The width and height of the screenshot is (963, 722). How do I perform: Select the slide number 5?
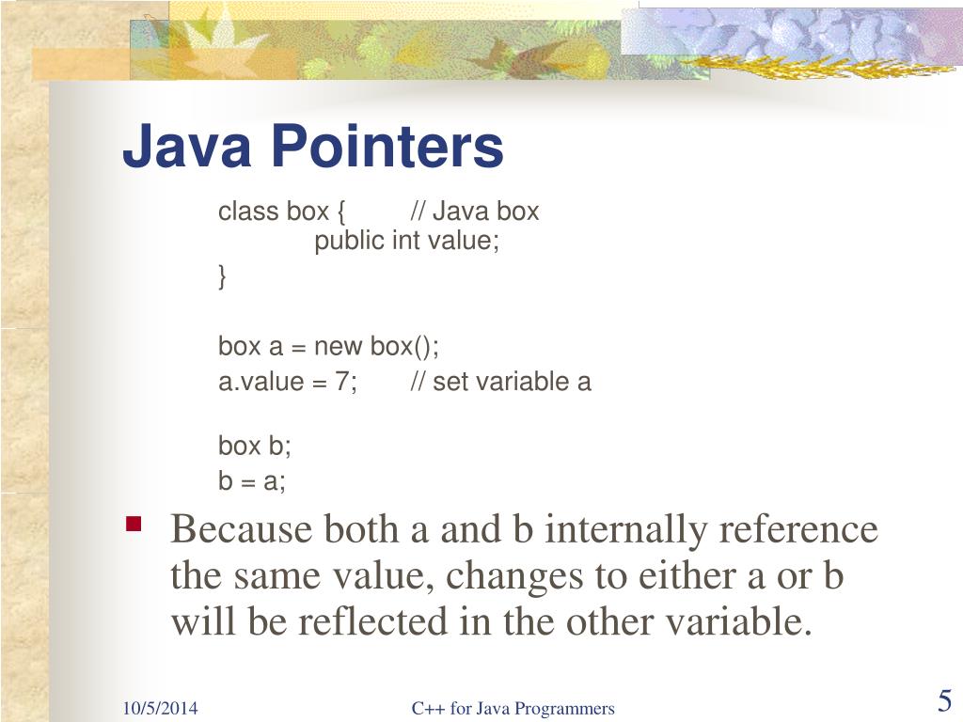click(x=944, y=701)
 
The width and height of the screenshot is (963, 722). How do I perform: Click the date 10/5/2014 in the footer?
click(x=159, y=709)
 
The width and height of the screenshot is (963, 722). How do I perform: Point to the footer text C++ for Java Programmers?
click(x=513, y=709)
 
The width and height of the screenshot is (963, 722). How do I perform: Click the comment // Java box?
click(x=475, y=212)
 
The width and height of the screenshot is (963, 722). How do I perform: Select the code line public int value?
click(x=406, y=241)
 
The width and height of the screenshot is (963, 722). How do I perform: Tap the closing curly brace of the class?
click(x=223, y=277)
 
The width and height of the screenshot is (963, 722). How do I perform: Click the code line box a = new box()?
click(x=328, y=346)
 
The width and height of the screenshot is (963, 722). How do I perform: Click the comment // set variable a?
click(x=500, y=383)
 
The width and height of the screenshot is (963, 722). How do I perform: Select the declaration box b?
click(x=255, y=445)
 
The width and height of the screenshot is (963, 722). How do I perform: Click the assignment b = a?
click(x=252, y=481)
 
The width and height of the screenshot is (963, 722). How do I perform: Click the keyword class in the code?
click(x=249, y=212)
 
